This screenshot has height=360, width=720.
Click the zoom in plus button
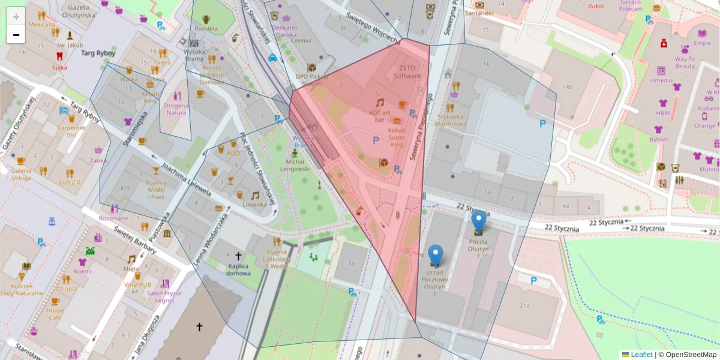pyautogui.click(x=16, y=17)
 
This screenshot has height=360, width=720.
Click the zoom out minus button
pyautogui.click(x=16, y=35)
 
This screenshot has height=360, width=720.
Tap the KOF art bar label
pyautogui.click(x=380, y=115)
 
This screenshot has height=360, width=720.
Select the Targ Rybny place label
pyautogui.click(x=98, y=53)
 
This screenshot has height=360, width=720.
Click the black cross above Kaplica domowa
pyautogui.click(x=238, y=256)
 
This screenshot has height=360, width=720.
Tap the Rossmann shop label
pyautogui.click(x=113, y=218)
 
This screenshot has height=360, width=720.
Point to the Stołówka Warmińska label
pyautogui.click(x=451, y=120)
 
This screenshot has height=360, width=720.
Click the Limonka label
pyautogui.click(x=254, y=205)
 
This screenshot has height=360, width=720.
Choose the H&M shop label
pyautogui.click(x=663, y=113)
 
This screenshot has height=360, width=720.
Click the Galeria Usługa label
pyautogui.click(x=21, y=174)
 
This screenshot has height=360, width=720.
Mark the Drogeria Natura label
pyautogui.click(x=176, y=109)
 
